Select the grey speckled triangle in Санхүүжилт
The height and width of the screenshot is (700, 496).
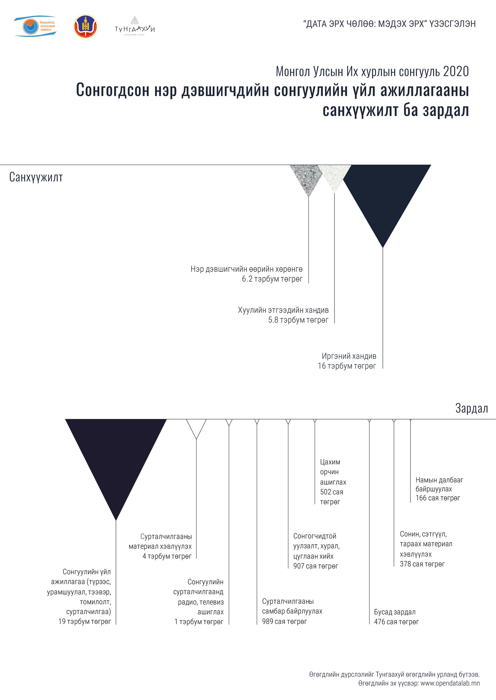pos(307,176)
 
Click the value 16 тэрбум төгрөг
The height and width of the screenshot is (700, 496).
pos(347,366)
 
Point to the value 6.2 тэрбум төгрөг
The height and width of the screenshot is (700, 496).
pos(272,279)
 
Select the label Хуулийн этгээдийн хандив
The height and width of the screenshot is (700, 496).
pos(283,310)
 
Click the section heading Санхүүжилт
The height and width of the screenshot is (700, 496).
pos(36,177)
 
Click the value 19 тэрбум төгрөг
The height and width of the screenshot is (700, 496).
pos(85,621)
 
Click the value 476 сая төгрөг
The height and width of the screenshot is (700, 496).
pos(396,622)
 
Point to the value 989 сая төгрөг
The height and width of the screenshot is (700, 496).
pos(284,621)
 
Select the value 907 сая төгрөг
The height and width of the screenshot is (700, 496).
pos(316,566)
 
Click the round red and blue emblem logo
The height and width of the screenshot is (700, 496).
pos(86,27)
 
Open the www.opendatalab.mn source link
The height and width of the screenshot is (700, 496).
pos(450,683)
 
